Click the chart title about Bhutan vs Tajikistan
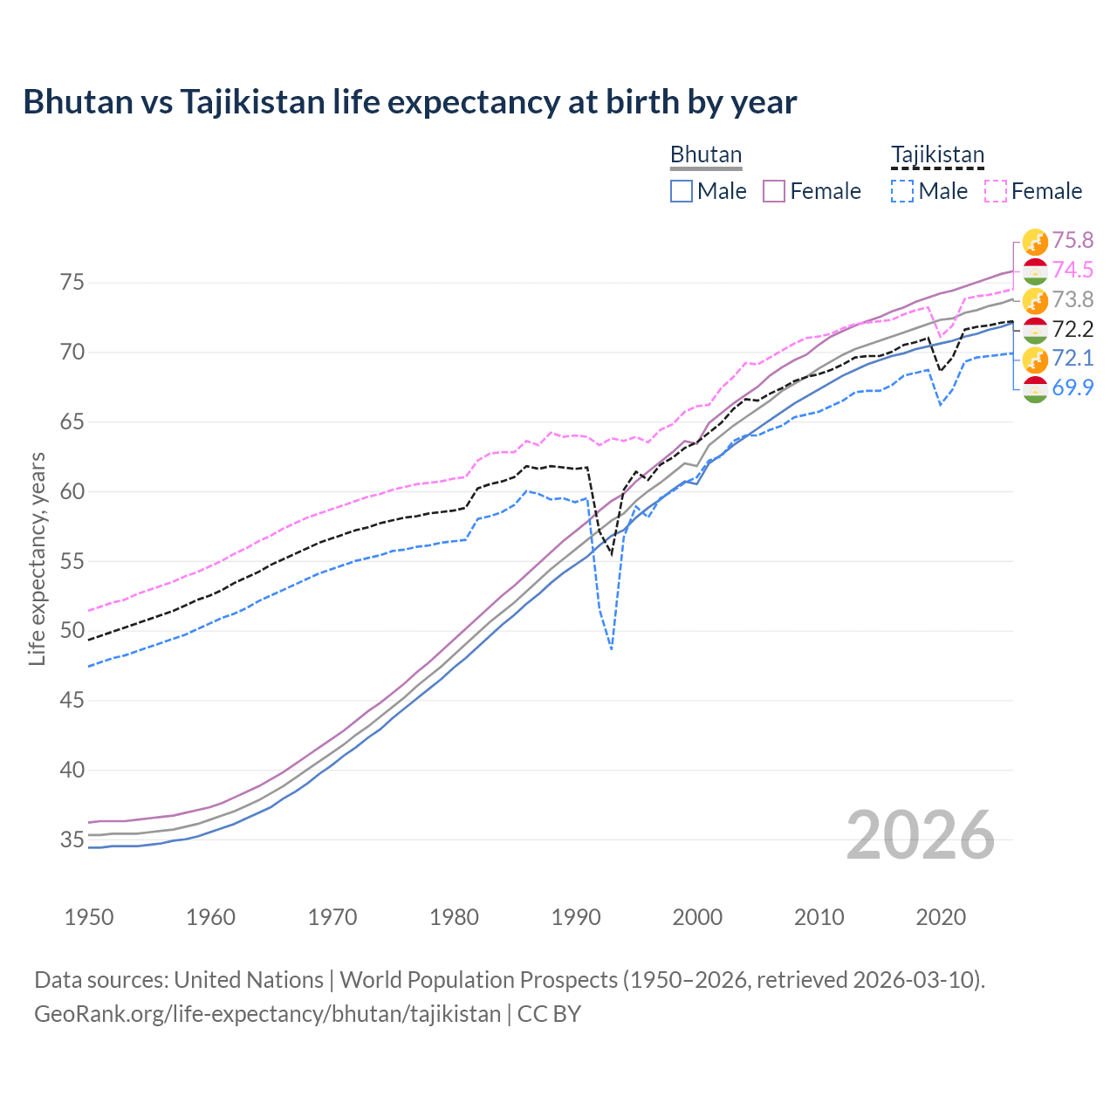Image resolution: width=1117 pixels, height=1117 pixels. coord(409,102)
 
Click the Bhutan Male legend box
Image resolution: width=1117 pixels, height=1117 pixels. coord(682,191)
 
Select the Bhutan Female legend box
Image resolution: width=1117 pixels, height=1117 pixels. coord(775,191)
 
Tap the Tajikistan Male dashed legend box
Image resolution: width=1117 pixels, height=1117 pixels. coord(902,191)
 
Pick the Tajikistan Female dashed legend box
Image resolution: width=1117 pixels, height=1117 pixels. coord(996,191)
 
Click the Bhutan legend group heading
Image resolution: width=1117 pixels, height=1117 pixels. coord(705,154)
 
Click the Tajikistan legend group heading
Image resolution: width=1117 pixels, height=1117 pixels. coord(937,154)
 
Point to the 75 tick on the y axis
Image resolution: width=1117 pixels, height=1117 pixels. coord(72,283)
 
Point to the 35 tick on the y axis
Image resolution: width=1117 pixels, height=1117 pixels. coord(72,840)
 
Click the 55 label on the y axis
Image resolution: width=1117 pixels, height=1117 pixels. coord(72,561)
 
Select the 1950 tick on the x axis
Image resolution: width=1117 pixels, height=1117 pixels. coord(89,917)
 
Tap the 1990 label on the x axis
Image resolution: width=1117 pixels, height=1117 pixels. coord(576,917)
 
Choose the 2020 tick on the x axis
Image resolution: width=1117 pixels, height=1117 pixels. coord(941,917)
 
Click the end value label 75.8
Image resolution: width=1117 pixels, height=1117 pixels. coord(1072,240)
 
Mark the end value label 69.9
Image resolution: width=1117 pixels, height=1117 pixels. coord(1072,387)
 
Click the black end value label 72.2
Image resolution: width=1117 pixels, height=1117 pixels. coord(1072,329)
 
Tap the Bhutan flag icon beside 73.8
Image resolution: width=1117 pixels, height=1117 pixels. coord(1035,300)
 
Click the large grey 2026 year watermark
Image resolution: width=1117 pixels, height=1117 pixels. coord(920,835)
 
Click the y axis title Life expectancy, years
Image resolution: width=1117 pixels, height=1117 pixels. coord(38,558)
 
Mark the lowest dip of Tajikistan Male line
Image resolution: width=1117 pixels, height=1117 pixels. coord(611,649)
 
